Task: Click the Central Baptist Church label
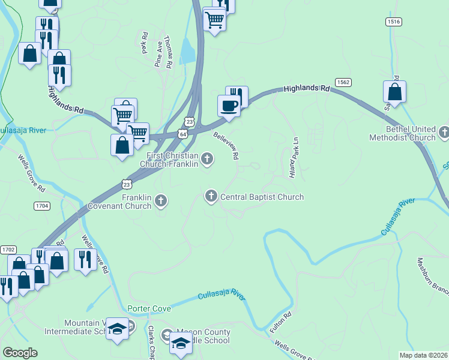coord(262,197)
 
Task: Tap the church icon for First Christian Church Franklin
coord(207,159)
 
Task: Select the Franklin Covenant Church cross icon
coord(160,201)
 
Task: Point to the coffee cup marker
coord(228,106)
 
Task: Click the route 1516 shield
coord(394,22)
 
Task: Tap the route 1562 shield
coord(343,82)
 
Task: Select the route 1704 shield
coord(41,205)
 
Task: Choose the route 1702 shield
coord(8,249)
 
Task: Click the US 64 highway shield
coord(182,134)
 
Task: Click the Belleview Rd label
coord(226,146)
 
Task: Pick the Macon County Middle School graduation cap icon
coord(179,343)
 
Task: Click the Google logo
coord(20,353)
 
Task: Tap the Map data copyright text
coord(424,355)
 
